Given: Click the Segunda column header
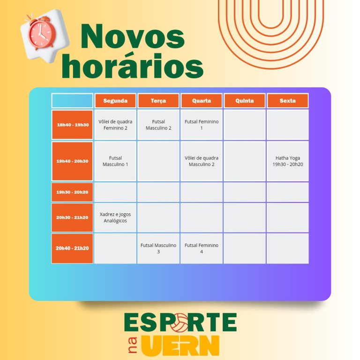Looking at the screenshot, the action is pyautogui.click(x=115, y=101).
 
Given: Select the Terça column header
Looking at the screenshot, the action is pyautogui.click(x=158, y=101).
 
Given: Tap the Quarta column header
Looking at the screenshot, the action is pyautogui.click(x=202, y=101).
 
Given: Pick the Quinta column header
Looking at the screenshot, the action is pyautogui.click(x=245, y=101).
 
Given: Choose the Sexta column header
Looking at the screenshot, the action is pyautogui.click(x=288, y=101).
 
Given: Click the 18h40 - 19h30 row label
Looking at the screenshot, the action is pyautogui.click(x=72, y=125).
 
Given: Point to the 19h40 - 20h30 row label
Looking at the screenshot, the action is pyautogui.click(x=72, y=161).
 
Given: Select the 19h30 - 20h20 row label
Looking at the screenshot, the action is pyautogui.click(x=72, y=192).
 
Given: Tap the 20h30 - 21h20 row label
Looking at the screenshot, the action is pyautogui.click(x=72, y=217).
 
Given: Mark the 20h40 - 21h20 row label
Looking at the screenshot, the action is pyautogui.click(x=72, y=248).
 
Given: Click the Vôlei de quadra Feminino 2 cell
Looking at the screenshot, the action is pyautogui.click(x=115, y=125).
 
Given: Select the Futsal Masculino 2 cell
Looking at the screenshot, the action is pyautogui.click(x=158, y=125).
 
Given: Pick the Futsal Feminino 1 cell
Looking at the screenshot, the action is pyautogui.click(x=202, y=125).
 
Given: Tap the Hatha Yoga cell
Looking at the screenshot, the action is pyautogui.click(x=288, y=161).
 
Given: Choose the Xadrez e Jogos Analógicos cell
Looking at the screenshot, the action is pyautogui.click(x=115, y=217).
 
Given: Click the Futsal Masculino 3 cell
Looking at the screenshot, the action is pyautogui.click(x=158, y=248).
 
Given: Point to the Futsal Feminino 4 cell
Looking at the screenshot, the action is pyautogui.click(x=202, y=248).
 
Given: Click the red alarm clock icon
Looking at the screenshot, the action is pyautogui.click(x=41, y=33).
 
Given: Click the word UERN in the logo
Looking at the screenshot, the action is pyautogui.click(x=180, y=345).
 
